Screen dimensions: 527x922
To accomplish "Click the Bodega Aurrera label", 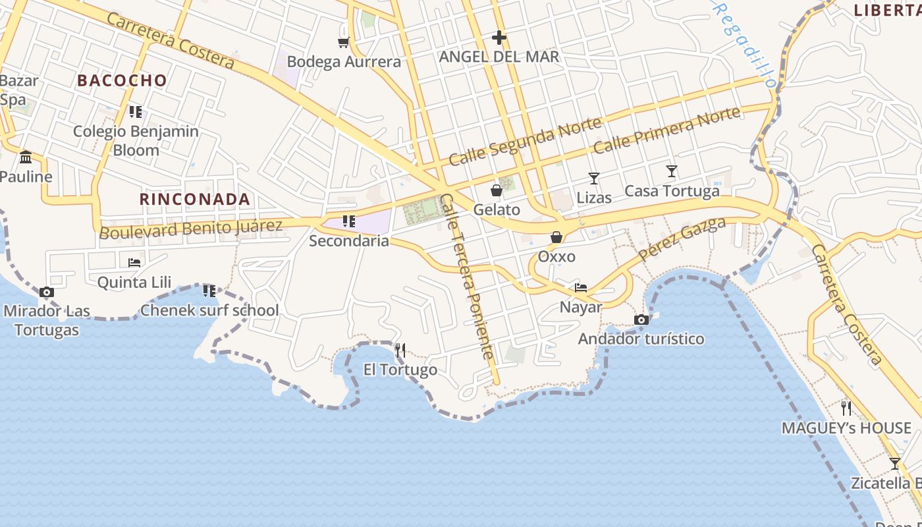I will [x=344, y=62].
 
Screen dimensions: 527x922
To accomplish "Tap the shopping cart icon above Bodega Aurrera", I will [x=342, y=43].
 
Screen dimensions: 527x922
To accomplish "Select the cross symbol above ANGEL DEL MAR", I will [x=499, y=38].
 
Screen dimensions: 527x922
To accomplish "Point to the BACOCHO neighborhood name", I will [x=122, y=80].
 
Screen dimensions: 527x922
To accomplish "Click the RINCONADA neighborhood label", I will [x=195, y=199].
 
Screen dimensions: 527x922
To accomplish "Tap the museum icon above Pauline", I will [x=26, y=157].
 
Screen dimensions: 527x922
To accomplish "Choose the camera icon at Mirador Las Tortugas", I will [x=46, y=292].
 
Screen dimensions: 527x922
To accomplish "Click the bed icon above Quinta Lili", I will [x=134, y=262].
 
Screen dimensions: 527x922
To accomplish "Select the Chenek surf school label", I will [x=209, y=310].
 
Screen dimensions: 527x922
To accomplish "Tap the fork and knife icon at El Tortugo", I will [x=400, y=350].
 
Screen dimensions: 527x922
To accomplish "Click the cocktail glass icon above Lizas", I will [x=594, y=178].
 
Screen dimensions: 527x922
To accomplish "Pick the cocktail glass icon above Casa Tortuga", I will [x=672, y=171].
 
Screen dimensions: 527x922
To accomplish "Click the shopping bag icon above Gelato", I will [x=497, y=190].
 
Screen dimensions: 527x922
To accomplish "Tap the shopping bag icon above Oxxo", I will [x=556, y=237].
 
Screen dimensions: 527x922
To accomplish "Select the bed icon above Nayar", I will [x=581, y=288].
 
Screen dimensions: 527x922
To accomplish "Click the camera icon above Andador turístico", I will [x=641, y=320].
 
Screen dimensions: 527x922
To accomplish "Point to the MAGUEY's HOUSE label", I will [x=846, y=428].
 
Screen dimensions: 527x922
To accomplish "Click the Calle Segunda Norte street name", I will [x=525, y=142].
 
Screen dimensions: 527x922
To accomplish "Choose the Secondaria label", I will [x=349, y=241].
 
